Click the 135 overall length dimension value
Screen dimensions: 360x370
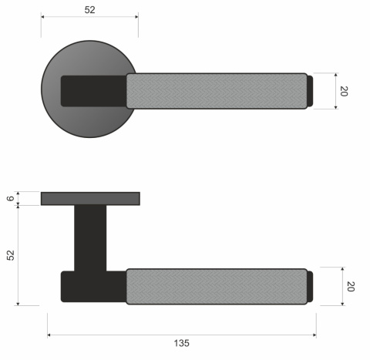182,343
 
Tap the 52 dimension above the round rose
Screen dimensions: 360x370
89,9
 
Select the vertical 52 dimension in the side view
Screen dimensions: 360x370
11,255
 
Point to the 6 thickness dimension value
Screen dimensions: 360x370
11,199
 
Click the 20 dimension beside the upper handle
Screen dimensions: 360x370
345,91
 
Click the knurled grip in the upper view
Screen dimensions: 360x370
216,90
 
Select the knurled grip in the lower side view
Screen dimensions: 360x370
216,287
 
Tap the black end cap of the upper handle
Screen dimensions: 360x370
311,90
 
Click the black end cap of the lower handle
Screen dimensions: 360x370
311,287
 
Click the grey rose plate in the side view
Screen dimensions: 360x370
90,199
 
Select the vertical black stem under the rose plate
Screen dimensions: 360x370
90,237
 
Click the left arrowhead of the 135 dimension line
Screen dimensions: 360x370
50,335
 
